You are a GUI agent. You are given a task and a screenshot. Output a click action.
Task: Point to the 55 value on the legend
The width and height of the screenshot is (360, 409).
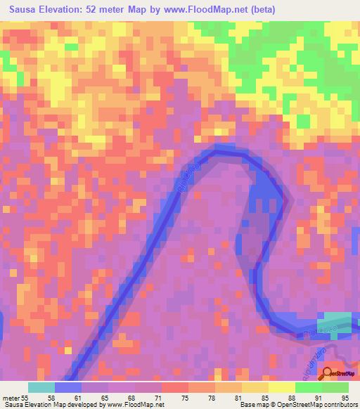[25, 398]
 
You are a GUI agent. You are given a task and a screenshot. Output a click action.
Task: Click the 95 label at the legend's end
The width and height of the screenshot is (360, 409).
[344, 398]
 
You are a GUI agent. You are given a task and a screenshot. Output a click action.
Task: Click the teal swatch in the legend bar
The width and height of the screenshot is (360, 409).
[41, 387]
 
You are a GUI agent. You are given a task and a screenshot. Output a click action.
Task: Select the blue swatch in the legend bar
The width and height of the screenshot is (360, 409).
[68, 387]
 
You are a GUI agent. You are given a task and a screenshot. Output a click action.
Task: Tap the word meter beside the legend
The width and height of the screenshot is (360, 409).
[11, 398]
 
